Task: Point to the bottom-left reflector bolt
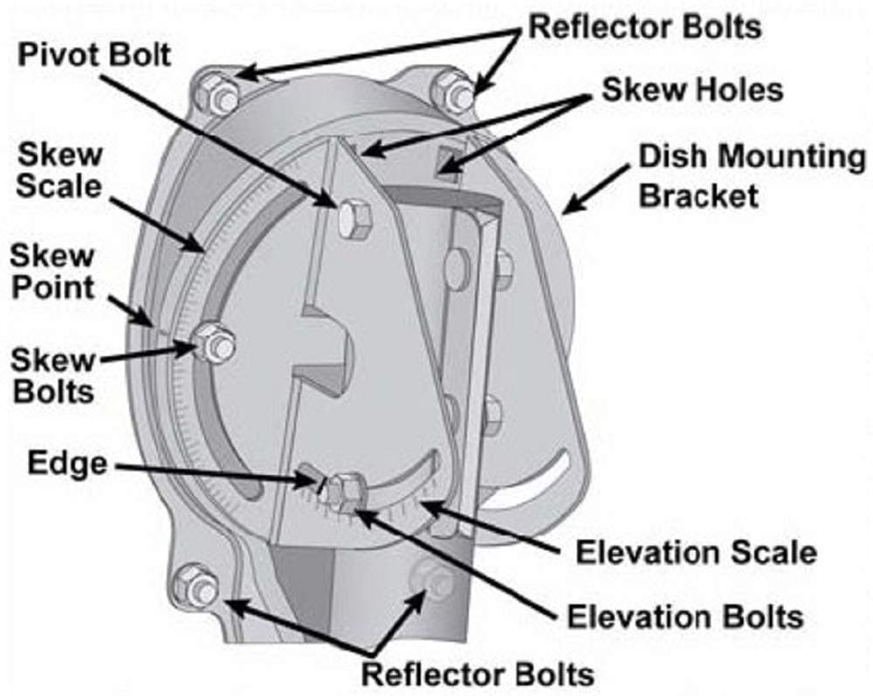(195, 584)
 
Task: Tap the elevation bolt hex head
(347, 492)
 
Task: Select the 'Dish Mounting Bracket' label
(750, 176)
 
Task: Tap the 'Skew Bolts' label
(53, 375)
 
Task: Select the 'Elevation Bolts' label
(684, 616)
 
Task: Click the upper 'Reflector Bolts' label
(644, 26)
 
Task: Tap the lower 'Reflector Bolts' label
(478, 673)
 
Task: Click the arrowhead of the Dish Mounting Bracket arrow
(566, 210)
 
